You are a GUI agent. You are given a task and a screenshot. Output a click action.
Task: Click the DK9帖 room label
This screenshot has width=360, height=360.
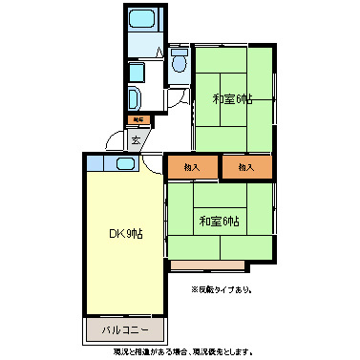tap(126, 232)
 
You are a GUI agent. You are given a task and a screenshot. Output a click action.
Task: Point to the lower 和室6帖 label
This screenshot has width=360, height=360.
tap(220, 222)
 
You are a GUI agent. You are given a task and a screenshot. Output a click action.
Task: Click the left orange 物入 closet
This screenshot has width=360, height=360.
tap(191, 167)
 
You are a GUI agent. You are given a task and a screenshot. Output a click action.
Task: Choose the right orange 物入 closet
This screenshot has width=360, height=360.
tap(246, 167)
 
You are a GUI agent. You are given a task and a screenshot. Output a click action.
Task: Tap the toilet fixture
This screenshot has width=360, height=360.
tap(180, 62)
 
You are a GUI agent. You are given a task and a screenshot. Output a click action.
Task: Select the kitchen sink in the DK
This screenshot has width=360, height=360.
tap(126, 163)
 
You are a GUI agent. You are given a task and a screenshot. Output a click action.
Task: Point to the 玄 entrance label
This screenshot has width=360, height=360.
tap(137, 139)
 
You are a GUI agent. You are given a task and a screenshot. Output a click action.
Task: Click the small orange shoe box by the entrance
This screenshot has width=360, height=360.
tap(138, 119)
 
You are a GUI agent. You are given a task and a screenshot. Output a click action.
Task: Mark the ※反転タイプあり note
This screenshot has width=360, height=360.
tap(221, 288)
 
